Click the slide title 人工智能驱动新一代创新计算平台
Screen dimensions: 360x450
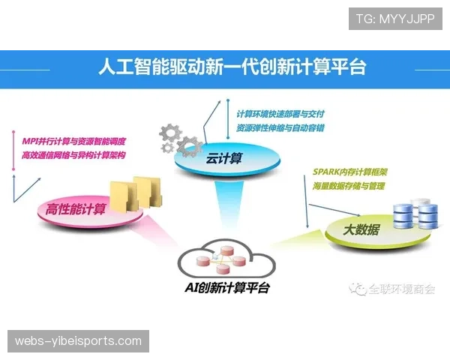pos(232,68)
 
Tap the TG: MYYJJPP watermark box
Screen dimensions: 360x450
pos(395,19)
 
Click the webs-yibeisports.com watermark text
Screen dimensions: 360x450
pos(78,341)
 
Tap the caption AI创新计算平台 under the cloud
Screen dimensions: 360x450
pos(227,288)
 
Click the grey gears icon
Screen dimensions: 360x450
pos(180,139)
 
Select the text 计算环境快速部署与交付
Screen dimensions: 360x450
pos(280,114)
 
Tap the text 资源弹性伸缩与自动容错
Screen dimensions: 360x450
pos(280,128)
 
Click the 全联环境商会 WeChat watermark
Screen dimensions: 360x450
pos(394,289)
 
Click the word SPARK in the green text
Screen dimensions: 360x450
pos(327,172)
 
